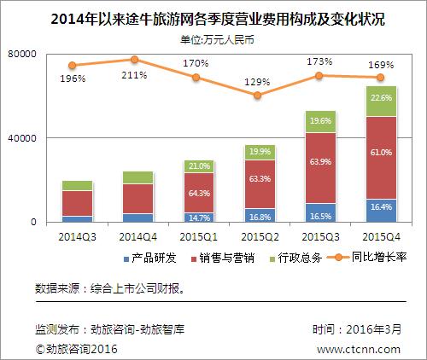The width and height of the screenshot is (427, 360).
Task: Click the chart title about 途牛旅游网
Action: (x=213, y=18)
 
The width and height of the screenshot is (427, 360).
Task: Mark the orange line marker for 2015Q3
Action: (x=320, y=76)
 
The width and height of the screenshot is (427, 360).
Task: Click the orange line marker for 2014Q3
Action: (x=73, y=66)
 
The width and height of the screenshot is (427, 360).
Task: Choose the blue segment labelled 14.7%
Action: (x=198, y=218)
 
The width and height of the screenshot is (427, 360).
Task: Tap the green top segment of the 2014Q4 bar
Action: (x=138, y=177)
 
